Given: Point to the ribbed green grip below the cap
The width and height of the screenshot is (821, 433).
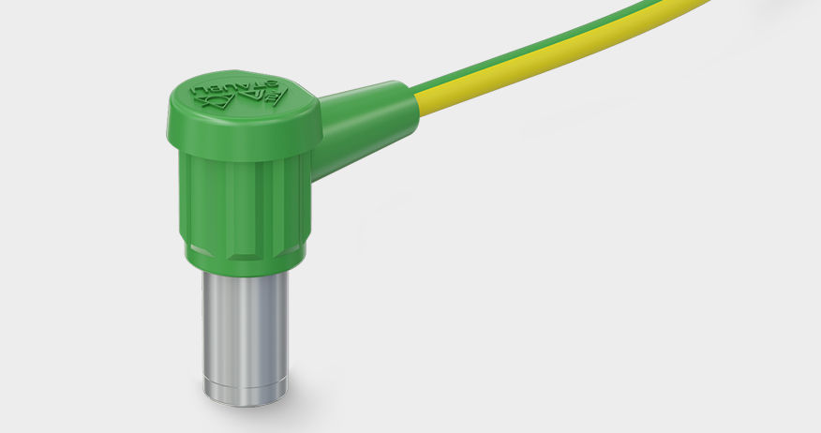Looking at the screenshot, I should point(246,202).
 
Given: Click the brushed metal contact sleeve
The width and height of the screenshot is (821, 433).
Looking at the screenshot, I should point(246,328).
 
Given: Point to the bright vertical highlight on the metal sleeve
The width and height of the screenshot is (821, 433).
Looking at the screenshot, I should point(225,328).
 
